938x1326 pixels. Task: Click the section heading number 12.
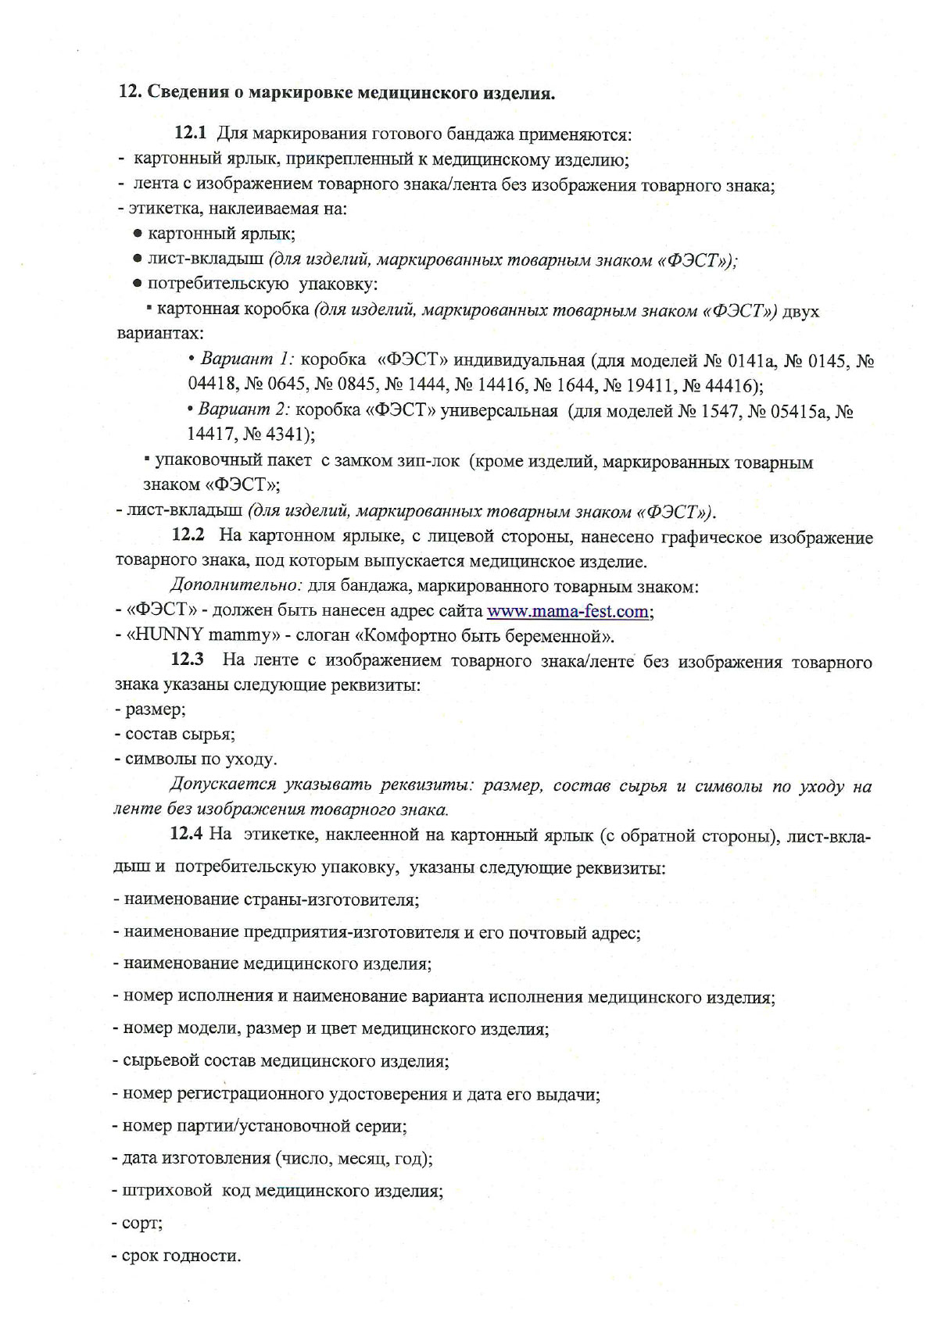tap(129, 93)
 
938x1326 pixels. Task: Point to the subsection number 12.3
tap(188, 660)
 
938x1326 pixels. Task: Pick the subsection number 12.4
tap(187, 834)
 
